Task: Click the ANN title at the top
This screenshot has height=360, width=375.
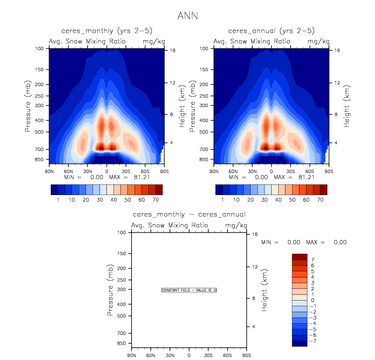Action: coord(187,16)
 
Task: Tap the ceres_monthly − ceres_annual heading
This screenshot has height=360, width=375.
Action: coord(189,215)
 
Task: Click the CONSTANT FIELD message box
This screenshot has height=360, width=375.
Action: coord(189,290)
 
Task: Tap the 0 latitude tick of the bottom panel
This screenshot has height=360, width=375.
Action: coord(189,355)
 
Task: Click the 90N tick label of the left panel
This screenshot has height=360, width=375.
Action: coord(50,171)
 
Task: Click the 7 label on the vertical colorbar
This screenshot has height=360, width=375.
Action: coord(313,260)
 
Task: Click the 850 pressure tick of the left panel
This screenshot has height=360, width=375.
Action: coord(40,160)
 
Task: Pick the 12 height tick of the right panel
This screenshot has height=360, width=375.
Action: coord(336,82)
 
